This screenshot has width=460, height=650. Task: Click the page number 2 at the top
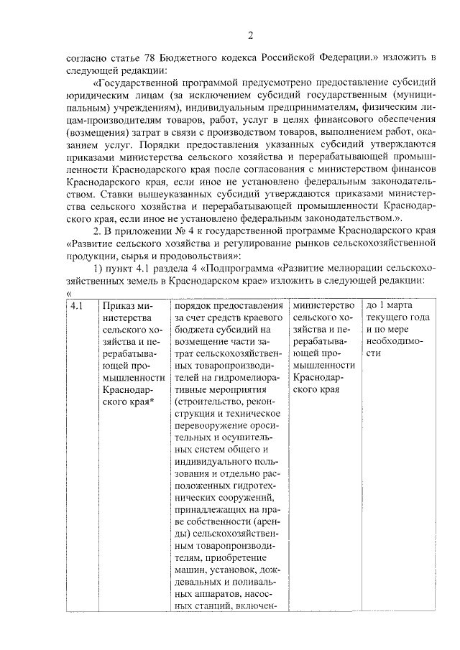point(250,36)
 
